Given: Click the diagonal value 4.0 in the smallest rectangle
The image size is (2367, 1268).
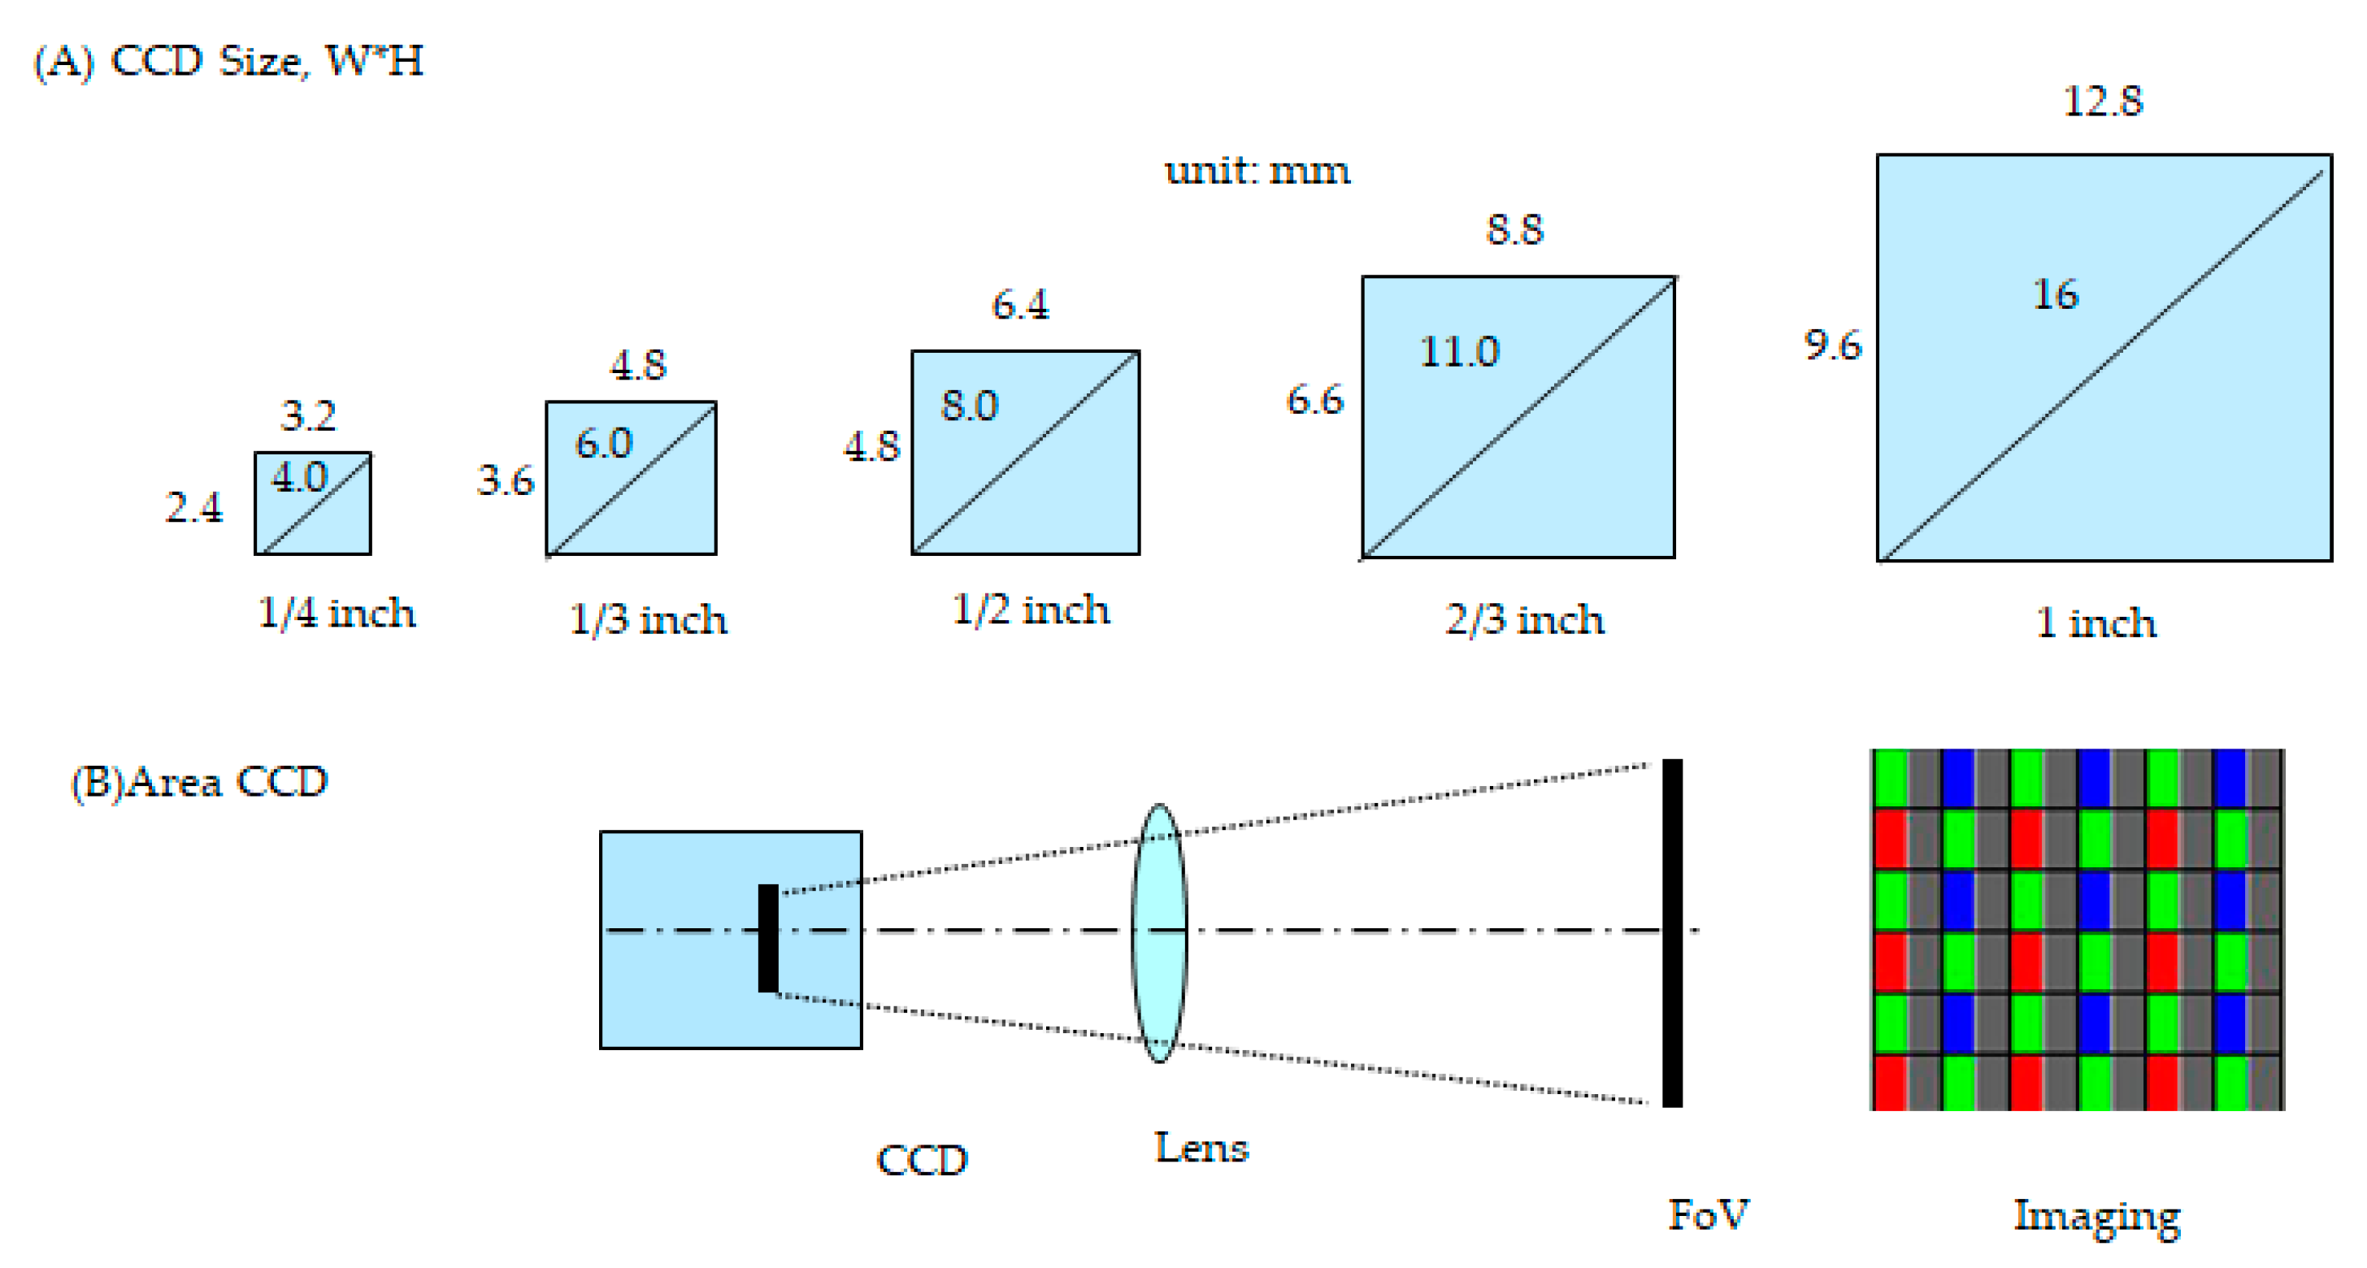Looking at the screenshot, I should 298,478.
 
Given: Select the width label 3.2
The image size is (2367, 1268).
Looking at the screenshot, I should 308,416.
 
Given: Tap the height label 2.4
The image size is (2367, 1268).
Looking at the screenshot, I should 194,507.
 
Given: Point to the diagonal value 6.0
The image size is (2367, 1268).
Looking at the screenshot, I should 604,444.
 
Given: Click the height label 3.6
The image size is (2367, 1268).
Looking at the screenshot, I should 506,480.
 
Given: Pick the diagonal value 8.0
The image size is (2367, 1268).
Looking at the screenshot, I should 970,406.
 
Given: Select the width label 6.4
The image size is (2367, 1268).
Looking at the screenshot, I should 1020,305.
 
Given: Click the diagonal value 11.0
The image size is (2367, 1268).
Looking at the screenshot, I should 1459,352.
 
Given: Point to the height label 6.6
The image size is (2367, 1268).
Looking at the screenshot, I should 1314,401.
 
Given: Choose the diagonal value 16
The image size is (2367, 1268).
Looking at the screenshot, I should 2055,295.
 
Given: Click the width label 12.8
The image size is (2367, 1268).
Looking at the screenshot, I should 2102,101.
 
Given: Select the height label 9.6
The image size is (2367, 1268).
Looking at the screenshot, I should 1832,345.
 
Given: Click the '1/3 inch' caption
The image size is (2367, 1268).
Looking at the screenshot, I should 648,619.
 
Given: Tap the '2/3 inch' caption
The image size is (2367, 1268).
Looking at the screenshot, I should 1524,619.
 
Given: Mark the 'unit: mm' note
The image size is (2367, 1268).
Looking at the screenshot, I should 1257,171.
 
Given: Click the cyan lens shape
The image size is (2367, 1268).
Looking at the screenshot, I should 1158,932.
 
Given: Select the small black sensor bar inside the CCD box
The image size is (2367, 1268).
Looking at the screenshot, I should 768,938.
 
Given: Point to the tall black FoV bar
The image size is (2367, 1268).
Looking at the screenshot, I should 1672,932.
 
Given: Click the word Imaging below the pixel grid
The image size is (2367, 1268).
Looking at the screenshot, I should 2096,1217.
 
